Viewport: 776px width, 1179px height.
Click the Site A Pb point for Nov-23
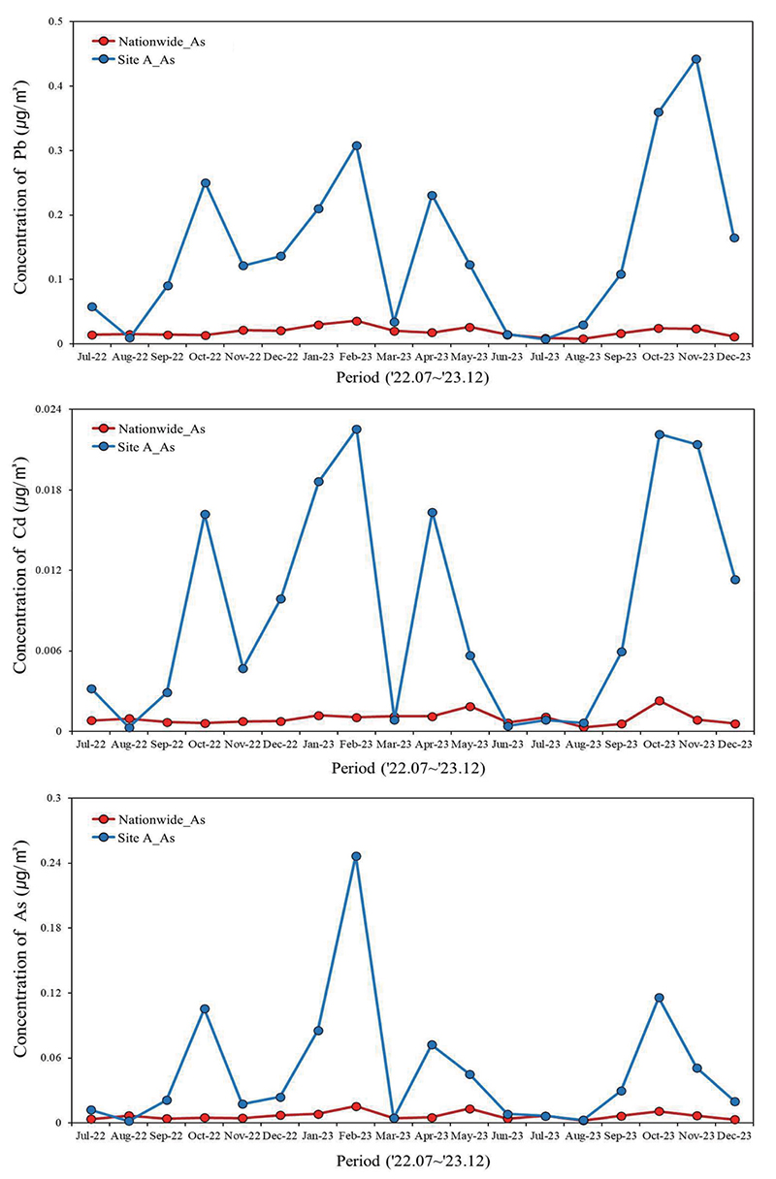(696, 59)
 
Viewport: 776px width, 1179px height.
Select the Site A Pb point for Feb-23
(356, 145)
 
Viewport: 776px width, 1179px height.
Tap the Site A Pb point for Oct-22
(206, 183)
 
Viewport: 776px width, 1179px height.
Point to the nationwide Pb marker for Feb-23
(356, 321)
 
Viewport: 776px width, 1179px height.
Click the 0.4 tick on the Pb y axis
(55, 85)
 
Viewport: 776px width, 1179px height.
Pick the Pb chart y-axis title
(20, 187)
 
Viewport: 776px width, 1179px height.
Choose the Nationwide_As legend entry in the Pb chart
(148, 42)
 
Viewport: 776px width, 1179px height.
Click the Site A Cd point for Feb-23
(356, 430)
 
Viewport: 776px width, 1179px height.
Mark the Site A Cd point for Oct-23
(660, 434)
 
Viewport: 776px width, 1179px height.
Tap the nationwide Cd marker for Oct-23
(660, 701)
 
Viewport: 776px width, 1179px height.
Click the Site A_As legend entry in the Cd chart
(133, 447)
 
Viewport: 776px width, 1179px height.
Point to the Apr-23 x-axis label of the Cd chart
(432, 745)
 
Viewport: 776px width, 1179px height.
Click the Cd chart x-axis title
(408, 769)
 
